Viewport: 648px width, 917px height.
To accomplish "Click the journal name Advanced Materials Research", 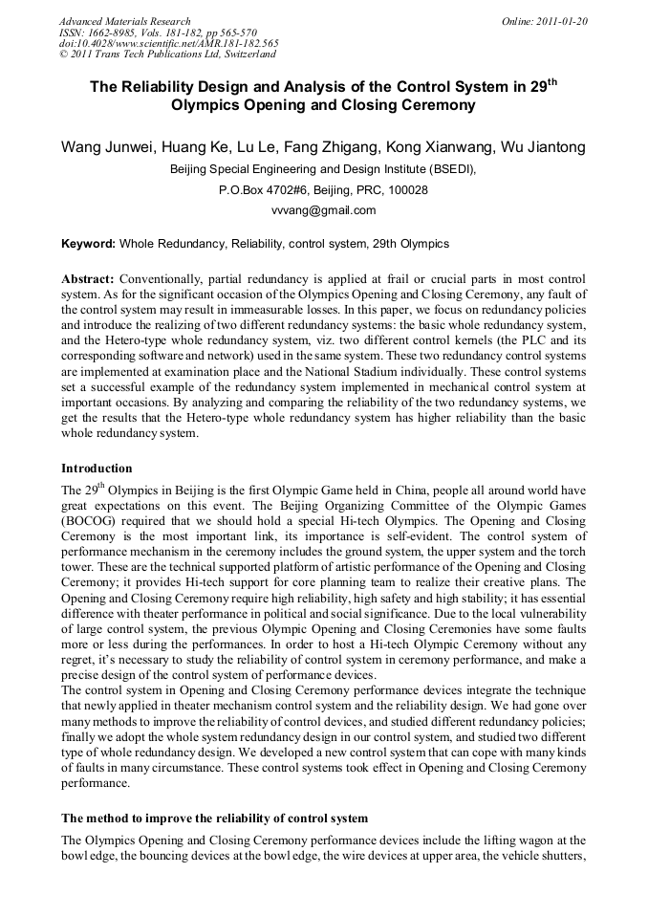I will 124,21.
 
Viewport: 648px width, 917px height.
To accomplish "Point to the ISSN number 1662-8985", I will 114,33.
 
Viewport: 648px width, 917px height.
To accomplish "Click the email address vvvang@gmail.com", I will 323,210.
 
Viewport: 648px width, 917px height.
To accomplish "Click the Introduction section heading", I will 97,469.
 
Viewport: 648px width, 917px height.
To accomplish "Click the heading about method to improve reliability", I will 214,819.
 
